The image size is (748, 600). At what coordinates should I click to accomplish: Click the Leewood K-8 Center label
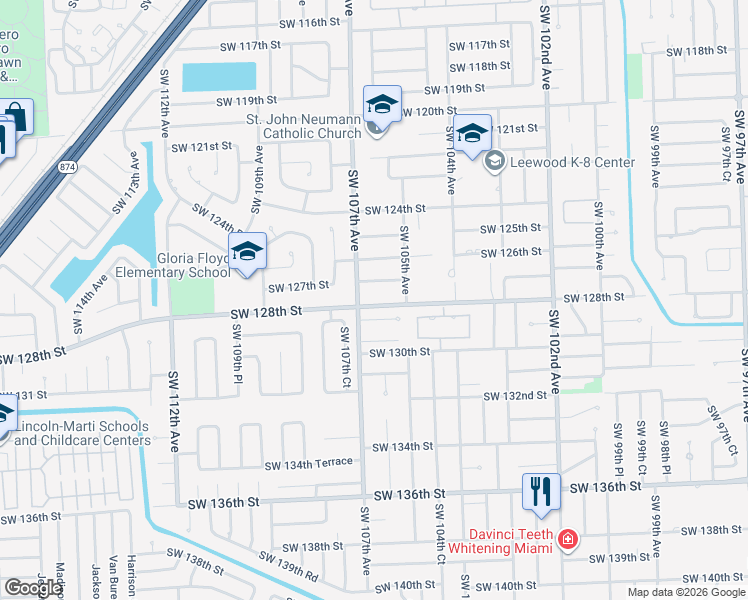coord(573,161)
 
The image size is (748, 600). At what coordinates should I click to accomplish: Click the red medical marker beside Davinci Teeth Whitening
coord(567,541)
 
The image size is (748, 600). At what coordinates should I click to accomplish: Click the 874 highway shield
coord(67,166)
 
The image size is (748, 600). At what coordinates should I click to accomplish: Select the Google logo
coord(33,588)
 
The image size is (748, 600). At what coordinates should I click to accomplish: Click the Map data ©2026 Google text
coord(685,592)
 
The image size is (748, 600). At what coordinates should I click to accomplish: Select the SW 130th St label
coord(399,352)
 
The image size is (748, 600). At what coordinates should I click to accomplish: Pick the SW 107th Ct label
coord(345,356)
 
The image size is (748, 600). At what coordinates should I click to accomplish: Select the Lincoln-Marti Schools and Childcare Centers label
coord(82,433)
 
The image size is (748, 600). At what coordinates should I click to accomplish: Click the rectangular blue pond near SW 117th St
coord(219,76)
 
